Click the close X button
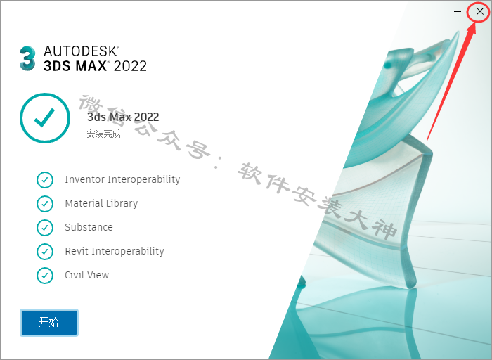[x=480, y=12]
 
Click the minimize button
[x=458, y=12]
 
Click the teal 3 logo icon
[x=27, y=58]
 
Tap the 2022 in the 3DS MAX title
[x=130, y=66]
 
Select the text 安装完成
[x=103, y=134]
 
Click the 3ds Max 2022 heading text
[x=123, y=117]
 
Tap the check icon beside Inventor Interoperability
[x=45, y=180]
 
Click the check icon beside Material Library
[x=45, y=204]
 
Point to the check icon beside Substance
[x=45, y=228]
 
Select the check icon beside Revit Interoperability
[x=45, y=252]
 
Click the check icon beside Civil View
[x=45, y=275]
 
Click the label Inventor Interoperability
[x=122, y=179]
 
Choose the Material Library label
[x=101, y=203]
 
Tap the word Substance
[x=89, y=227]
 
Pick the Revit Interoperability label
[x=115, y=251]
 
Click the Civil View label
[x=87, y=275]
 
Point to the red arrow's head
[x=473, y=26]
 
